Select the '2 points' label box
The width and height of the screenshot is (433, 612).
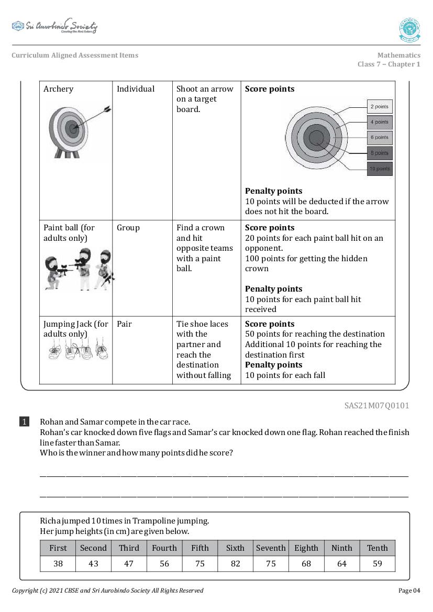tap(379, 107)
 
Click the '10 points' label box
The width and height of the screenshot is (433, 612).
tap(379, 169)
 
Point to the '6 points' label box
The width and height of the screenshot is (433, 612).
tap(379, 138)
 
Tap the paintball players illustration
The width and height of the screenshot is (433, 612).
tap(79, 270)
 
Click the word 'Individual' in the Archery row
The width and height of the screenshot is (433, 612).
tap(136, 89)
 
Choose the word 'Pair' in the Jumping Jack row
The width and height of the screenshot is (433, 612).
tap(124, 324)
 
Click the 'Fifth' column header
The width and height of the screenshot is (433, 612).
tap(199, 548)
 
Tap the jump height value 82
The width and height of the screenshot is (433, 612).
tap(235, 564)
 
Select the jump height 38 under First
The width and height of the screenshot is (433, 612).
tap(58, 564)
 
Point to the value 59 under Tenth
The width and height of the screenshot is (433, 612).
tap(377, 564)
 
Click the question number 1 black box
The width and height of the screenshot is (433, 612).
tap(25, 421)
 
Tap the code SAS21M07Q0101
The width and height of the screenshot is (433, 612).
tap(376, 405)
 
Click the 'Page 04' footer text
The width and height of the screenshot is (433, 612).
tap(409, 591)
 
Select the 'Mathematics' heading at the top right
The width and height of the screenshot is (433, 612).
tap(398, 55)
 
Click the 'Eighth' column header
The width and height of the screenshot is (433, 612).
tap(306, 548)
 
